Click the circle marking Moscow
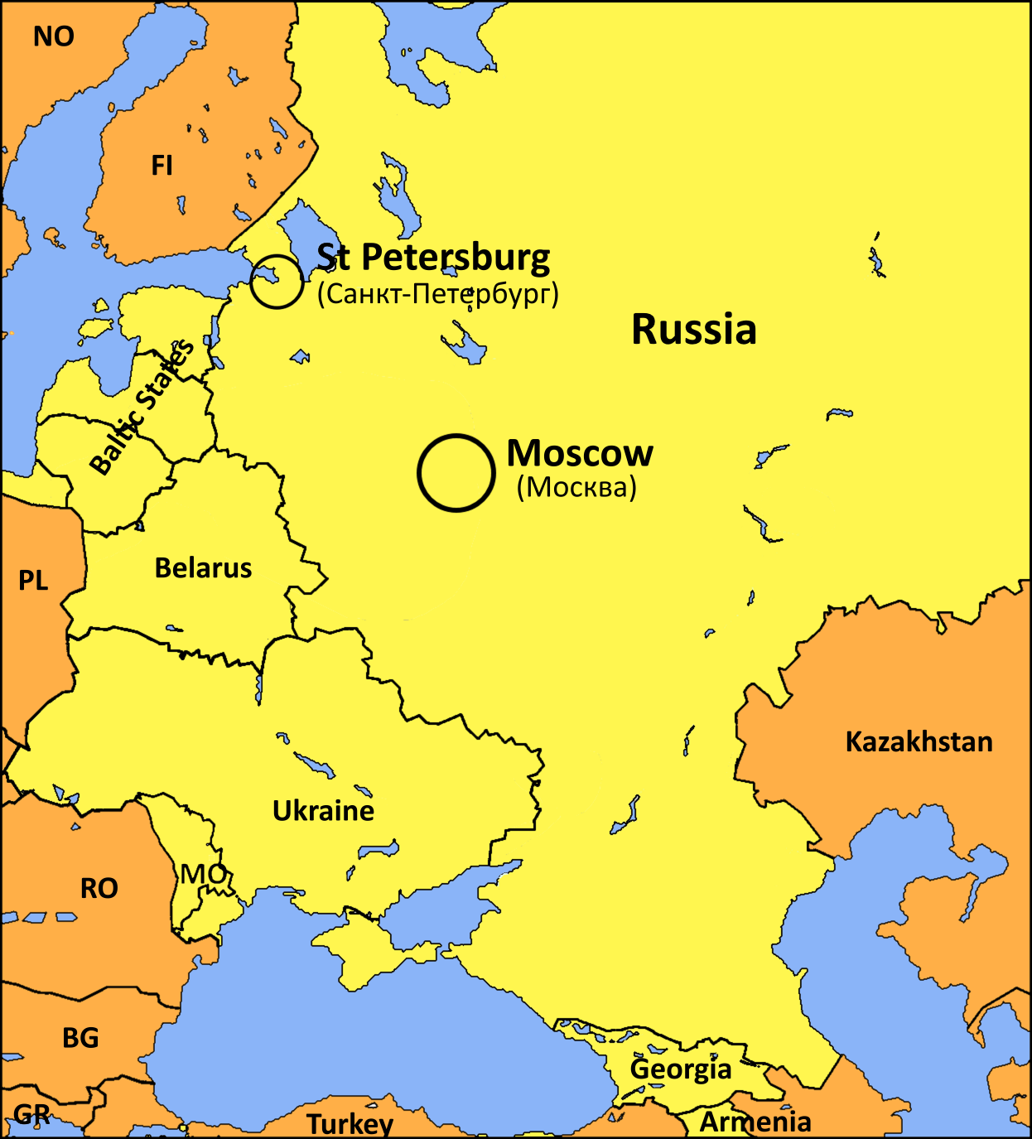click(x=456, y=473)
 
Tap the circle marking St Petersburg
click(x=277, y=282)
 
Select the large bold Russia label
click(x=694, y=329)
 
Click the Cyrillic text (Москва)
click(x=577, y=487)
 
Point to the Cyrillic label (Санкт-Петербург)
click(x=438, y=293)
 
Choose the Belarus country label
click(x=203, y=568)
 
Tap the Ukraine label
click(x=323, y=810)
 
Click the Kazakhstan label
click(x=919, y=741)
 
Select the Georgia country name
click(x=681, y=1069)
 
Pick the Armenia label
click(x=755, y=1122)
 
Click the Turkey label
click(x=350, y=1124)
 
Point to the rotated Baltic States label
click(x=141, y=408)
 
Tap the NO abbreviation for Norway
click(x=54, y=36)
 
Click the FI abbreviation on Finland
click(x=162, y=166)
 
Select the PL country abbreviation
click(x=33, y=581)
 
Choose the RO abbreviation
click(x=99, y=889)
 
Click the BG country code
click(x=80, y=1038)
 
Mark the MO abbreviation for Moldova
click(x=203, y=874)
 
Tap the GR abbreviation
click(x=31, y=1115)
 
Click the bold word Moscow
click(x=580, y=453)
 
